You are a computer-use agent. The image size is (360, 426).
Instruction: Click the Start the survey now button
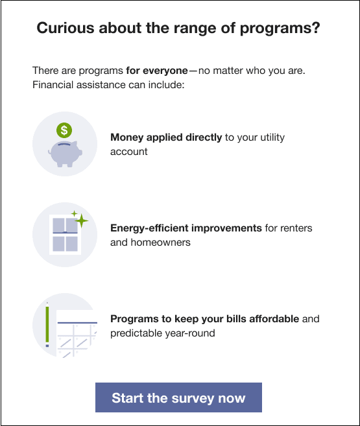(x=178, y=397)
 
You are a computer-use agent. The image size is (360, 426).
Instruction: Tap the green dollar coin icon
(x=64, y=130)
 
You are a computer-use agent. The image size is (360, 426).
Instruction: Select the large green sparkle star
(x=81, y=220)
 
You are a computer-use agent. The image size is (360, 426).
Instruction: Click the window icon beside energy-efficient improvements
(x=64, y=235)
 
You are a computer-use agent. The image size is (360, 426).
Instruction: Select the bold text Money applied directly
(x=166, y=137)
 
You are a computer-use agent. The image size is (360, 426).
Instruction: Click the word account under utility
(x=129, y=151)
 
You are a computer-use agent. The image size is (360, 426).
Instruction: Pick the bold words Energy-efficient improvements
(x=186, y=228)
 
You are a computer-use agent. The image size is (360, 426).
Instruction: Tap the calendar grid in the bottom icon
(x=77, y=337)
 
